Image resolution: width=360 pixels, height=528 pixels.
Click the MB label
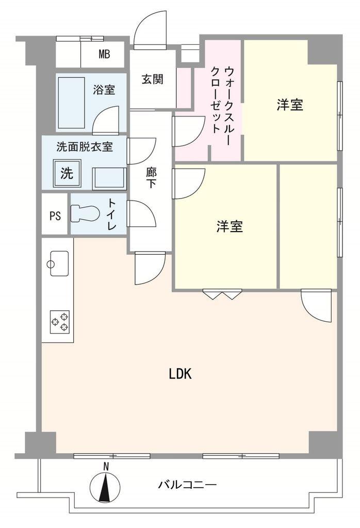coord(104,55)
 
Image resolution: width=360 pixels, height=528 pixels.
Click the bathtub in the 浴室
coord(71,103)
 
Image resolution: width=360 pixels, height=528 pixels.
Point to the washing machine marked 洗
coord(67,173)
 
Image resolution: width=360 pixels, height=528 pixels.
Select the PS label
coord(55,216)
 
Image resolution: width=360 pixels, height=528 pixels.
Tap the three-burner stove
coord(59,321)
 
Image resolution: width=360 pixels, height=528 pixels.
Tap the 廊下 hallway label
coord(151,177)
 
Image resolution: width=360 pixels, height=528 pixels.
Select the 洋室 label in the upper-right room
coord(289,105)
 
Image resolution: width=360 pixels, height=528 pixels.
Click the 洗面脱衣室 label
coord(84,147)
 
